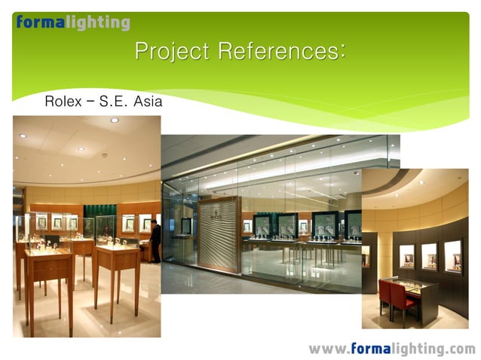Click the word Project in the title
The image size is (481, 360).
click(x=173, y=52)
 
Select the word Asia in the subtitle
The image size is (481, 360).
click(x=147, y=100)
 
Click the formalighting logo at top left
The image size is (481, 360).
click(x=72, y=23)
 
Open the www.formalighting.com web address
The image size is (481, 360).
click(x=391, y=349)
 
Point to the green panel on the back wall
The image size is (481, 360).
click(x=99, y=218)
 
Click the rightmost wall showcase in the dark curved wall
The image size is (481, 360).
click(x=452, y=256)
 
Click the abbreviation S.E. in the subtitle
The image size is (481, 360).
click(x=113, y=100)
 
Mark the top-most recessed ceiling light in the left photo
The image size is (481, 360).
click(x=115, y=120)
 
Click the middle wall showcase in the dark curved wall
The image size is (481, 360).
click(x=428, y=255)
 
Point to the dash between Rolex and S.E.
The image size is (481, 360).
click(x=90, y=100)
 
